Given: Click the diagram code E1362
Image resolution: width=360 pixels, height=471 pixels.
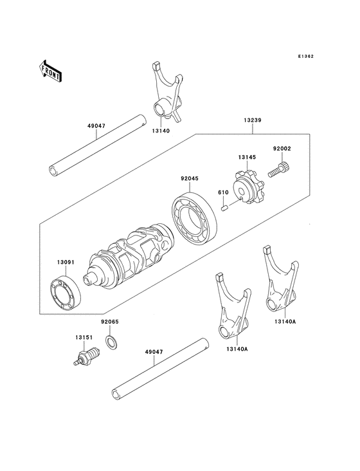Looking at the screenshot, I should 305,56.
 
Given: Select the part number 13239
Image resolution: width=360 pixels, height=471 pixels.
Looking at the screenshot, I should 252,120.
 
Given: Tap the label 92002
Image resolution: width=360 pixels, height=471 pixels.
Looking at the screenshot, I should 282,148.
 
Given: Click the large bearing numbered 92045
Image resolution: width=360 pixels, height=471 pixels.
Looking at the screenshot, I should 194,215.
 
